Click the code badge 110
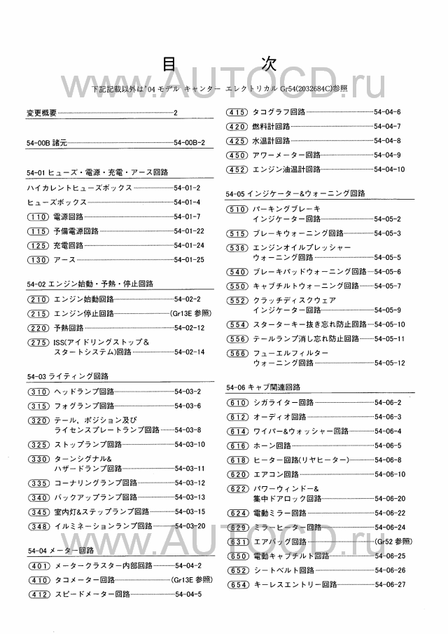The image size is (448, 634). (x=37, y=216)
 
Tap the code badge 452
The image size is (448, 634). (x=237, y=169)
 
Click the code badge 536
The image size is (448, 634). (x=237, y=248)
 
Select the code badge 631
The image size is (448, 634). (x=238, y=542)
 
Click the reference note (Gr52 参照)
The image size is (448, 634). (x=393, y=542)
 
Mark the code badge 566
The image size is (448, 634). (x=237, y=353)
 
